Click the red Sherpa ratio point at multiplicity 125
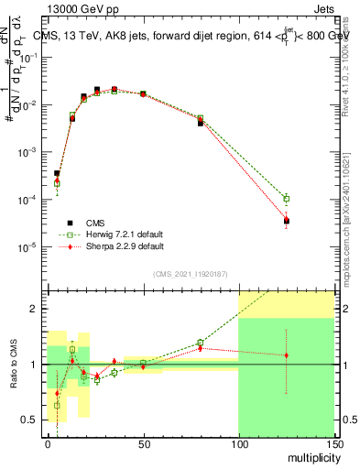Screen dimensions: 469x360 [x=286, y=355]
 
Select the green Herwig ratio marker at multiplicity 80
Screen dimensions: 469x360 [x=201, y=343]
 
